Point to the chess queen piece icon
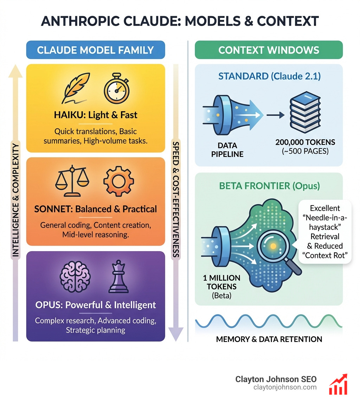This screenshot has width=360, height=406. [x=117, y=276]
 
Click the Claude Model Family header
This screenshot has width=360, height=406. [x=95, y=50]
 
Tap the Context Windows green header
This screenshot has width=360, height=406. [x=269, y=50]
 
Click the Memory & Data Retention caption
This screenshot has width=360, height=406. [x=269, y=339]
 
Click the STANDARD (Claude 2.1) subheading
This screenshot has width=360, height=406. [x=269, y=76]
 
